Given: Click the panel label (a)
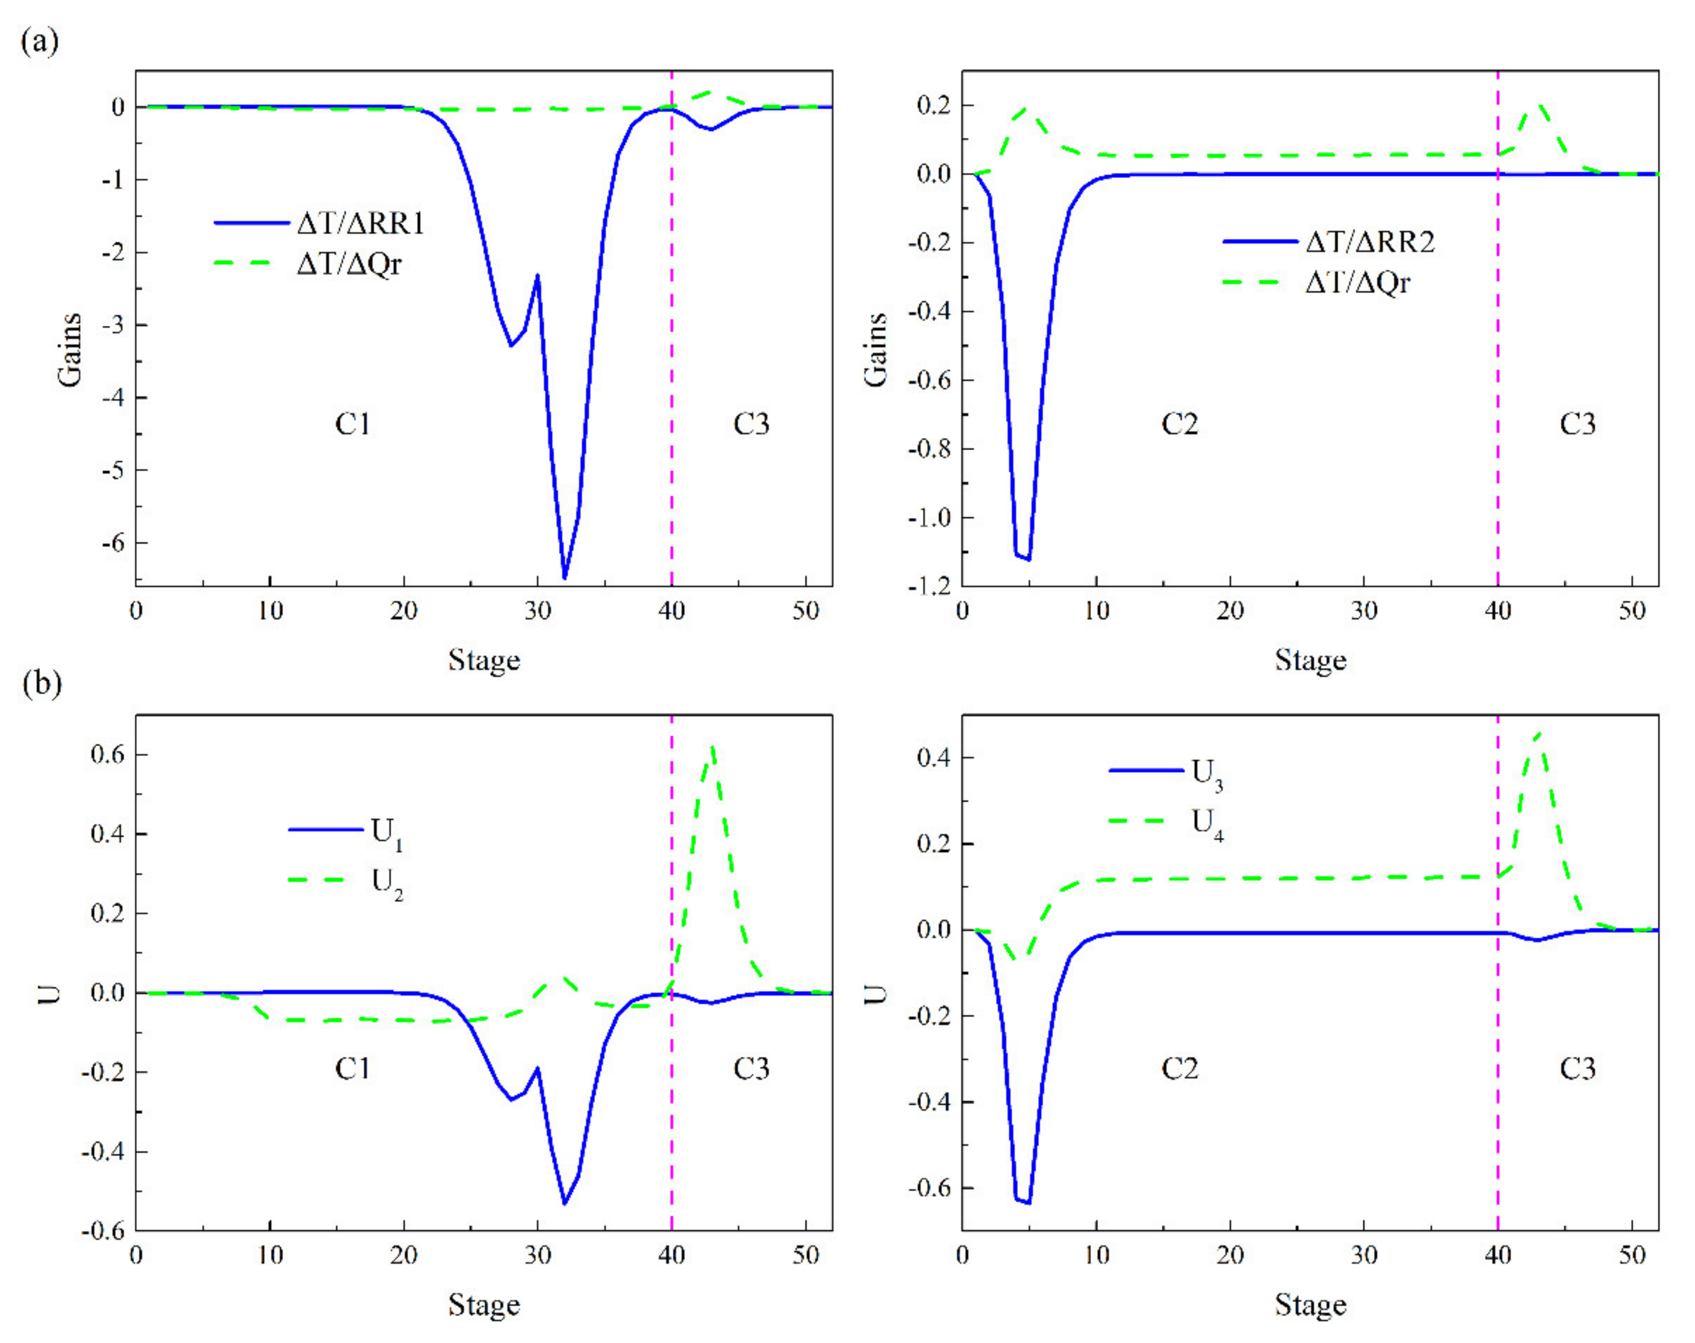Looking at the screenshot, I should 40,40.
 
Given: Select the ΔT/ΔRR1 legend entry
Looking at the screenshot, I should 359,224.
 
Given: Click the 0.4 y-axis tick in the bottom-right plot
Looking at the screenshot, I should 935,759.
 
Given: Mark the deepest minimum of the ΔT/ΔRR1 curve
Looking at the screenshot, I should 564,578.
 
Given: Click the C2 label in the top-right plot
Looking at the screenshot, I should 1179,425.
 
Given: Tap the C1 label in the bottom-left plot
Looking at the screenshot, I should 352,1069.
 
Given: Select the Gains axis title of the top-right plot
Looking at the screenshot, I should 876,350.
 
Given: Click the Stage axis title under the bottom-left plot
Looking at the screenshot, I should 484,1305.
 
